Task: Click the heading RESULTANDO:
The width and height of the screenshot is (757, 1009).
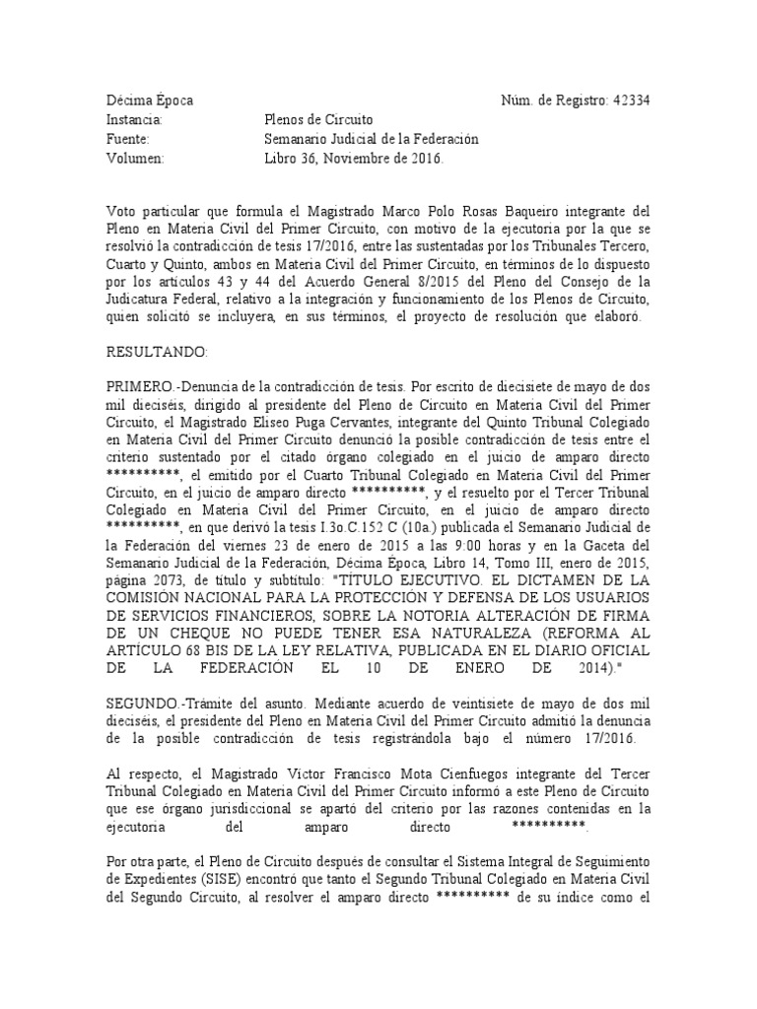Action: [x=157, y=351]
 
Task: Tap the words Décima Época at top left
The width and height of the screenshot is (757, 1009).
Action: [x=150, y=101]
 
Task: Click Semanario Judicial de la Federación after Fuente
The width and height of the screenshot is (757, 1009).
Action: [x=366, y=140]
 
